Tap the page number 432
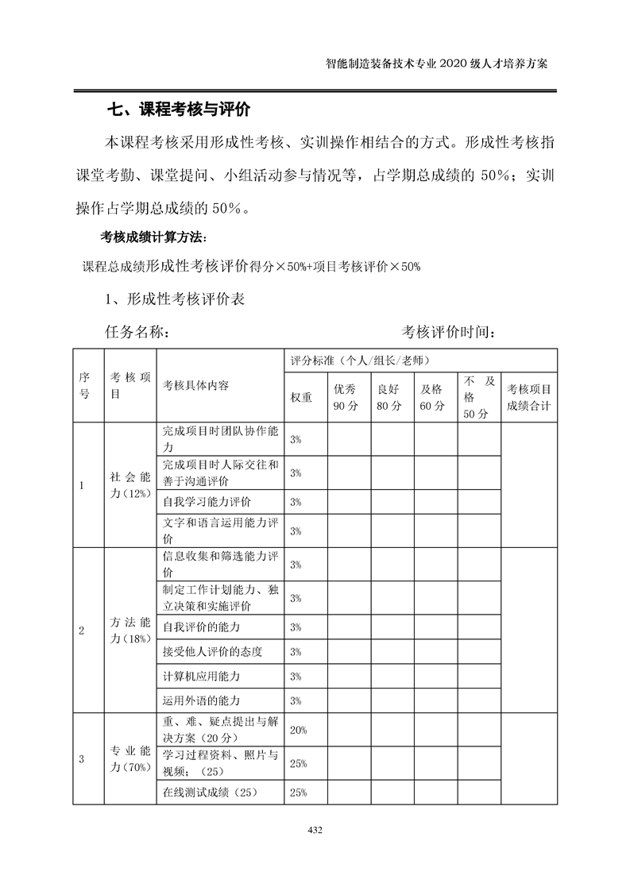(x=314, y=830)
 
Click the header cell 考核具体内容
(x=196, y=385)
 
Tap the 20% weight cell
(x=299, y=730)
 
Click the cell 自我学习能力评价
(x=207, y=502)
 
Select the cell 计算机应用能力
(x=201, y=676)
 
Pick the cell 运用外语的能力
(x=201, y=700)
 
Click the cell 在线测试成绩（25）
(x=211, y=792)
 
